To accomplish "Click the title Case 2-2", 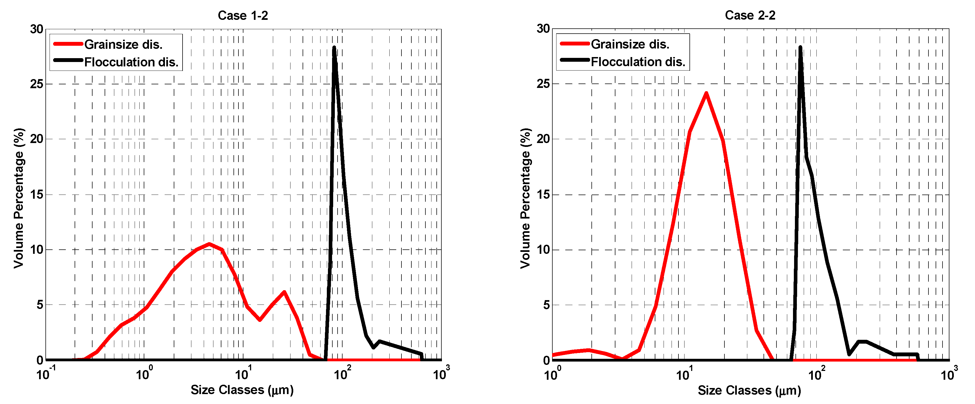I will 750,15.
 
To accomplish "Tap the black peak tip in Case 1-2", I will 334,48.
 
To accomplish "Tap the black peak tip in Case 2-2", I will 800,48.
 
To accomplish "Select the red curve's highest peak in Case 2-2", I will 706,93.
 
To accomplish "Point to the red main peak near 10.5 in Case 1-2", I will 209,244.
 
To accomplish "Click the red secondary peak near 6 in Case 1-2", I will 284,292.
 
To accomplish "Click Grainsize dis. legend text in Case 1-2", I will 123,44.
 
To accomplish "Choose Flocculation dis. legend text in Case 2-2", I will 638,61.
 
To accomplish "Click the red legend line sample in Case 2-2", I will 575,44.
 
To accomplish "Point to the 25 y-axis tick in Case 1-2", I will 37,84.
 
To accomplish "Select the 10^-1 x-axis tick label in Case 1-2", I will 45,374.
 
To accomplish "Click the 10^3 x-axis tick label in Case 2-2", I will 949,374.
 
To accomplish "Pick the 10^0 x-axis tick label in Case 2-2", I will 552,374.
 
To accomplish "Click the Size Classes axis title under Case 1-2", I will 242,390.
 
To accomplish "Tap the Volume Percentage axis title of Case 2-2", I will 525,198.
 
